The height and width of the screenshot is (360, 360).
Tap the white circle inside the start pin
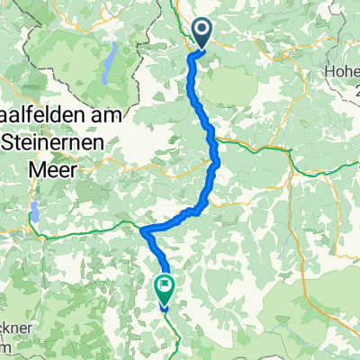click(x=201, y=31)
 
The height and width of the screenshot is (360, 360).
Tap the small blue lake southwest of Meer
click(x=35, y=213)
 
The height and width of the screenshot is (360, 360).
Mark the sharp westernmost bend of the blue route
click(x=143, y=229)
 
